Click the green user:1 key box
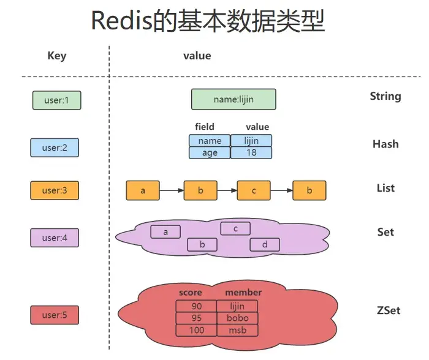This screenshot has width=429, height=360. click(56, 100)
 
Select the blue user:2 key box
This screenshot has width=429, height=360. click(55, 148)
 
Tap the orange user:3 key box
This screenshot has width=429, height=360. click(55, 190)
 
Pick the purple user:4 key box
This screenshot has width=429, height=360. click(55, 238)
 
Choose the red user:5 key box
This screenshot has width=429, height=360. click(55, 315)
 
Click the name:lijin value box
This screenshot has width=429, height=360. click(233, 99)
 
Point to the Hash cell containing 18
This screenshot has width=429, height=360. click(251, 153)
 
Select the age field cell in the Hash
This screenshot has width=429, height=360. click(210, 153)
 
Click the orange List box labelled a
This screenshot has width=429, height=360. click(143, 190)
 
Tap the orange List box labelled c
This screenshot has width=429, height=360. click(254, 190)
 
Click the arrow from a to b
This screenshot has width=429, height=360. click(172, 190)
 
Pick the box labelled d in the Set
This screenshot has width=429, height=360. click(265, 244)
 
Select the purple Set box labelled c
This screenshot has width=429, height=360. click(236, 228)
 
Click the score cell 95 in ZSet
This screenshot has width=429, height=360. click(196, 318)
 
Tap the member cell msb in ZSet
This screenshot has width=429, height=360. click(237, 330)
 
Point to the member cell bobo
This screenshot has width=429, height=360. click(237, 318)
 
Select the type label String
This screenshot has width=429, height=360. click(385, 96)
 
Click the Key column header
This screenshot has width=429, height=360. click(56, 56)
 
